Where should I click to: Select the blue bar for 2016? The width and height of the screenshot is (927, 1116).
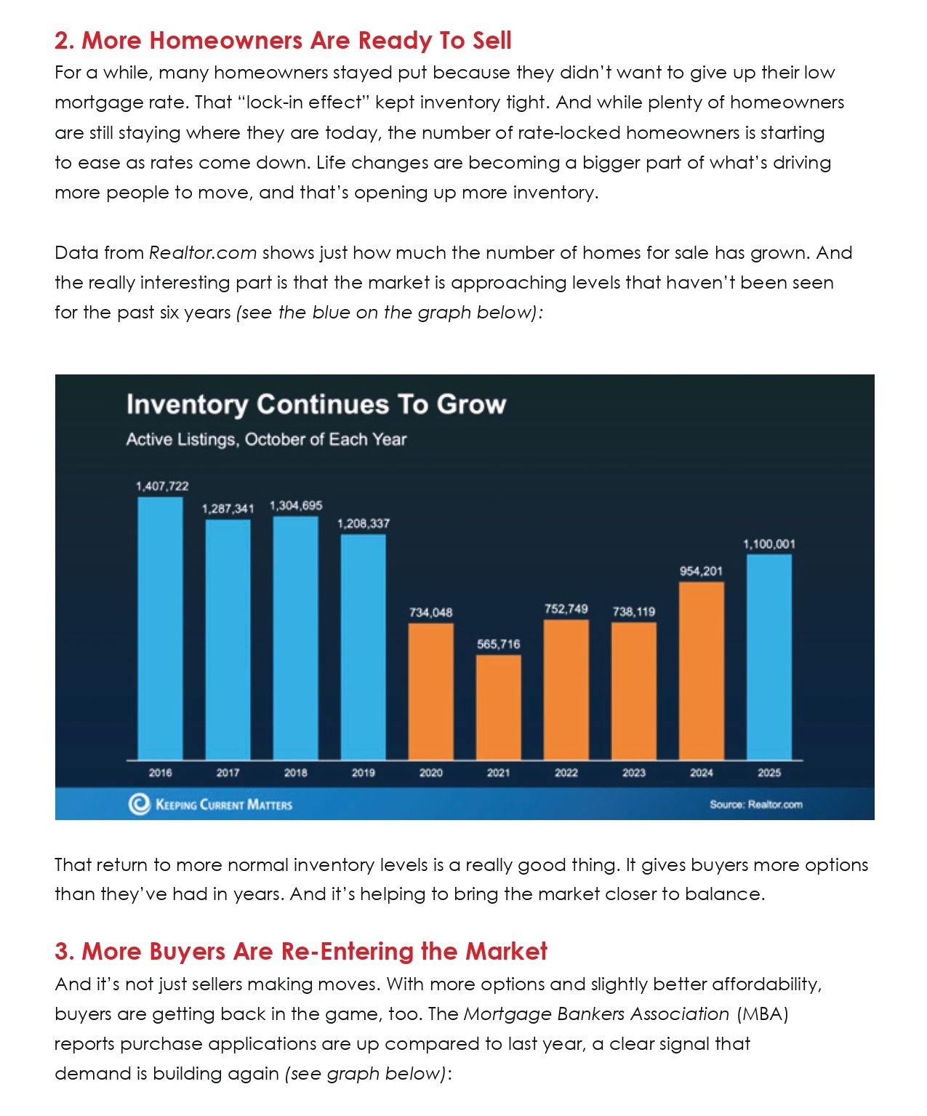click(160, 628)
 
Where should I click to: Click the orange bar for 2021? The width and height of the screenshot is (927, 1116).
click(499, 707)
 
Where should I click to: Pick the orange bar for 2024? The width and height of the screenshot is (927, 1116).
click(702, 670)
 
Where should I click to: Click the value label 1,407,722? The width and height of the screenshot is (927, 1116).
click(162, 486)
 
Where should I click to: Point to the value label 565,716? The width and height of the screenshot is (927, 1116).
click(499, 644)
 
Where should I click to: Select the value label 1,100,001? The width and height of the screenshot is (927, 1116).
click(769, 544)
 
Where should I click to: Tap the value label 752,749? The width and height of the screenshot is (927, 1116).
click(566, 609)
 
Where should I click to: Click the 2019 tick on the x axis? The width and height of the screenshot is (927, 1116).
click(364, 773)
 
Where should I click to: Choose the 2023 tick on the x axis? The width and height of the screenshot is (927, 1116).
click(634, 773)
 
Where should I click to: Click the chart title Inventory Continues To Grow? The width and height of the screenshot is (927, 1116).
click(316, 404)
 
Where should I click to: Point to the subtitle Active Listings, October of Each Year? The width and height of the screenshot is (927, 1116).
click(266, 439)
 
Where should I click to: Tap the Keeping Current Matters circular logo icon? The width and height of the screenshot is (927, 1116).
click(138, 804)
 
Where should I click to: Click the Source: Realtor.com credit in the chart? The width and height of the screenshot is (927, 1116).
click(756, 804)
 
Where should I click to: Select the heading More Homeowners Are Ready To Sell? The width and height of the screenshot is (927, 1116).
click(283, 41)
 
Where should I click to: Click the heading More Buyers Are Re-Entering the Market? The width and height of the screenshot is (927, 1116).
click(301, 951)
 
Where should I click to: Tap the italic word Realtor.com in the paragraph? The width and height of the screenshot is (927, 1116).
click(203, 253)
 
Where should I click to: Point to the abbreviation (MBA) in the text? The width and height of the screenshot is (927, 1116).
click(762, 1014)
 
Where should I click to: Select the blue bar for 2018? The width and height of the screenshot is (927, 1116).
click(296, 638)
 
